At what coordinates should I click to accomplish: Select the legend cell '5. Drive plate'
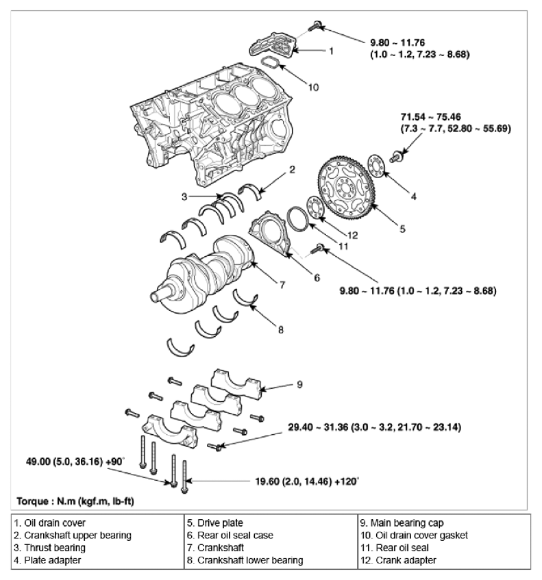(x=215, y=522)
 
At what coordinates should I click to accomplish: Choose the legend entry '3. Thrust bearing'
(x=50, y=548)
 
